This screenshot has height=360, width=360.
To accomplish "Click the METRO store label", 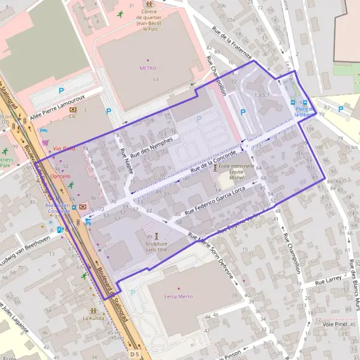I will [x=148, y=68].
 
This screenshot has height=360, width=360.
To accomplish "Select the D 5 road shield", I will [x=134, y=355].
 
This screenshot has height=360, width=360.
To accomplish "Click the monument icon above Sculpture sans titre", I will [x=156, y=235].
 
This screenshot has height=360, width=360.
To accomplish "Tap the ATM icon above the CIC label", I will [x=73, y=110].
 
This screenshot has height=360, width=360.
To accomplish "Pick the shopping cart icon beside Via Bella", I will [x=46, y=143].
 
